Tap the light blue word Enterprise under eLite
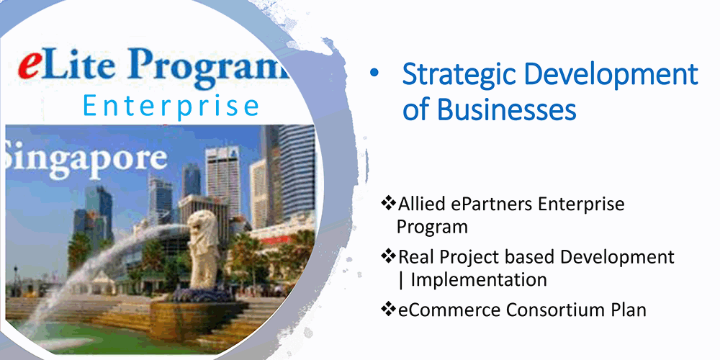pos(171,106)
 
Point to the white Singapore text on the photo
pos(84,159)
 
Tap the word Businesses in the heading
pos(506,109)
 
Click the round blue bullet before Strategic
pos(374,73)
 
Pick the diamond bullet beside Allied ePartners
pos(388,203)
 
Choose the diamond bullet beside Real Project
pos(388,256)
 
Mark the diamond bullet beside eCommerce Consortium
pos(388,310)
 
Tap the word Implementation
pos(479,279)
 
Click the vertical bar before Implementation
pos(402,280)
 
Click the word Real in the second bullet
pos(415,257)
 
